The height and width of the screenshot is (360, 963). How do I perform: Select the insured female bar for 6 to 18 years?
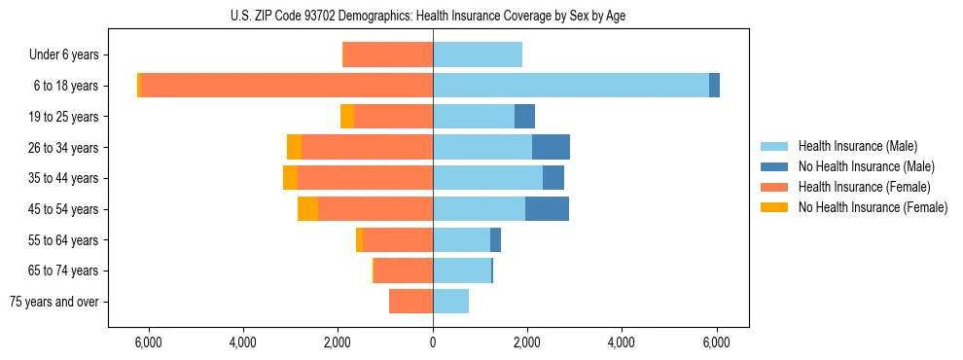(287, 86)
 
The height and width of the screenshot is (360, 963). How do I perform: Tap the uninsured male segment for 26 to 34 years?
(551, 147)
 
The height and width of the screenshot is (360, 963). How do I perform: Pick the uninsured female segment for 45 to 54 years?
(307, 208)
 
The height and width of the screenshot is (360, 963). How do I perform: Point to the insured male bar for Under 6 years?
(478, 54)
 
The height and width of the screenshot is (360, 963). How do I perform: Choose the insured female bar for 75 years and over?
(410, 302)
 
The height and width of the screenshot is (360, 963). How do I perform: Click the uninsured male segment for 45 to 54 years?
(547, 208)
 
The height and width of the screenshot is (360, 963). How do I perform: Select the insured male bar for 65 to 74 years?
(462, 270)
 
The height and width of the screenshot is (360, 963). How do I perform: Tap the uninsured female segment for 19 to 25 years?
(347, 117)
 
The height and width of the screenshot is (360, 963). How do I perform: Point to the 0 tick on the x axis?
(433, 343)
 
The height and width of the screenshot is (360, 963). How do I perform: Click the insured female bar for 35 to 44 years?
(365, 178)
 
